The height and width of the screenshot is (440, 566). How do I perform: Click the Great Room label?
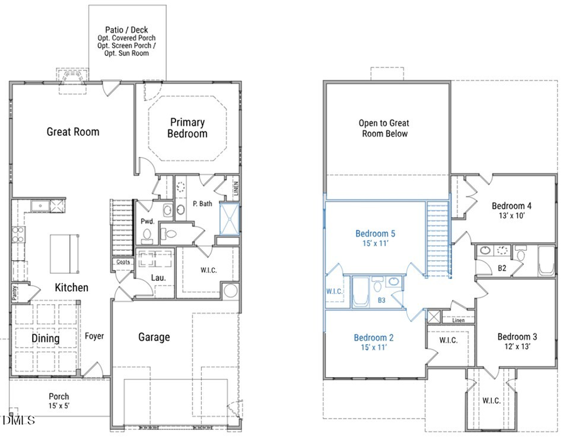[x=73, y=131]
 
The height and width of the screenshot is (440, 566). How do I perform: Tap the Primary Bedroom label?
[x=187, y=128]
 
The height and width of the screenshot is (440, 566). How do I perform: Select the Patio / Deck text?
[x=127, y=30]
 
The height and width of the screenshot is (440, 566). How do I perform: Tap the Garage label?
[x=154, y=337]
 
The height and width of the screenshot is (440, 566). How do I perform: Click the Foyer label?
[x=94, y=336]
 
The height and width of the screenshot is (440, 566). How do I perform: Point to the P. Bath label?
[x=202, y=203]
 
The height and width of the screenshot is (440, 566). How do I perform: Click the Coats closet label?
[x=123, y=262]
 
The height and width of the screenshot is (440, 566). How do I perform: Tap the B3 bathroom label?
[x=381, y=300]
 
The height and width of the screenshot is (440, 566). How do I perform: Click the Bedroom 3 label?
[x=517, y=336]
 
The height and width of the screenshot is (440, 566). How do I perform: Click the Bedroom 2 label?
[x=374, y=338]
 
